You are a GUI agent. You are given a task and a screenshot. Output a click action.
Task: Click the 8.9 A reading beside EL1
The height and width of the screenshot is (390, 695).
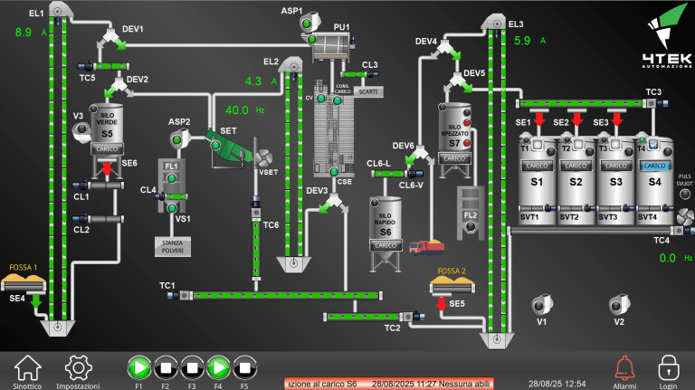(24, 33)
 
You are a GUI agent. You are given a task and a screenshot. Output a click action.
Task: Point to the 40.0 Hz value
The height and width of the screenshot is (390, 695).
(237, 110)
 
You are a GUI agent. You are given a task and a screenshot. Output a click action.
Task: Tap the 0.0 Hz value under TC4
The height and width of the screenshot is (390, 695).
(667, 258)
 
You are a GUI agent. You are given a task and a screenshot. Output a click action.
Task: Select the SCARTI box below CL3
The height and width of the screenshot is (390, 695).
(368, 92)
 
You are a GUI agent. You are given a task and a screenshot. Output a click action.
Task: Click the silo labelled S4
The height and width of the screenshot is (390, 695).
(654, 181)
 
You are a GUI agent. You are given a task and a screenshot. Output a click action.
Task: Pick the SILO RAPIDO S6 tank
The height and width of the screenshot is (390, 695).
(385, 231)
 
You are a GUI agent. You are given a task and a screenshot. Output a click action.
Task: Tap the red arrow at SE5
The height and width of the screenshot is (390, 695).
(442, 304)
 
